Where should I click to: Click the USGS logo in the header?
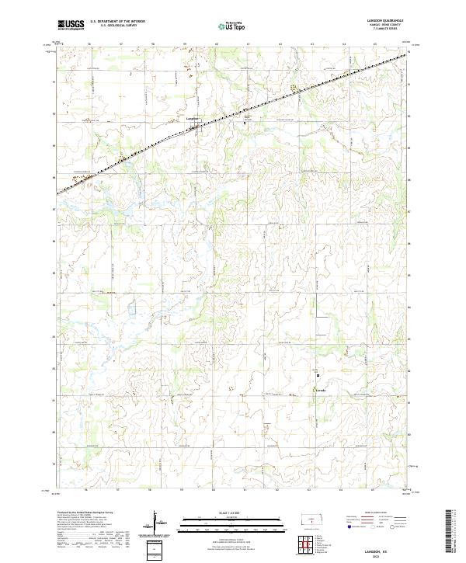pos(71,25)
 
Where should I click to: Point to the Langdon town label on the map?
pos(193,118)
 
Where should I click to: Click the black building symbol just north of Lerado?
pos(317,374)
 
